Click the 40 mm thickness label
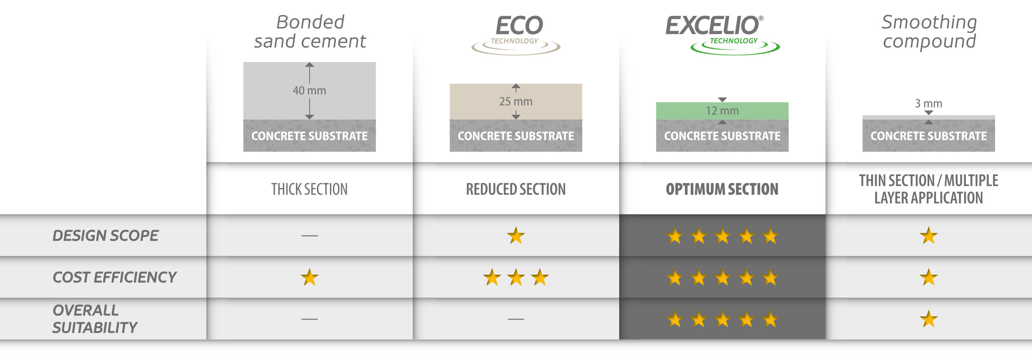point(309,90)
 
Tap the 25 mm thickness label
point(516,101)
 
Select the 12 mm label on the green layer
point(722,111)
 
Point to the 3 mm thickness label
point(928,103)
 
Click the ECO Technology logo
point(516,35)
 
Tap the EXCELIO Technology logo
point(722,35)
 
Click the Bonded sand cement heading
point(310,32)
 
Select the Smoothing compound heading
point(929,32)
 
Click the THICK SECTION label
point(309,189)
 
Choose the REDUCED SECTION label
point(516,189)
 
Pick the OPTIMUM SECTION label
point(722,189)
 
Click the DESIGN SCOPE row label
point(105,236)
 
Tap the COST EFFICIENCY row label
point(114,277)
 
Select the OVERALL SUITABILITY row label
point(95,319)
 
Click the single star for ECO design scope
point(516,236)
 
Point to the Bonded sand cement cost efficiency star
point(310,277)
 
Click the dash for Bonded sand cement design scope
point(310,236)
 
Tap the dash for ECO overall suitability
point(516,319)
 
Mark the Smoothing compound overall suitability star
point(929,319)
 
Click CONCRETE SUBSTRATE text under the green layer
point(722,136)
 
